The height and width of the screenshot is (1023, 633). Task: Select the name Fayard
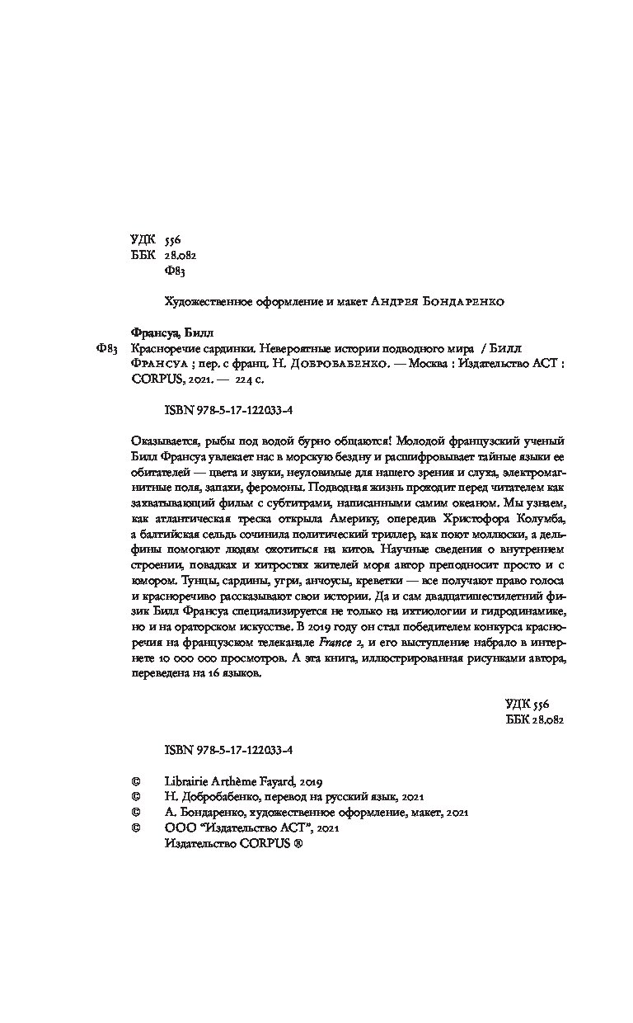(286, 781)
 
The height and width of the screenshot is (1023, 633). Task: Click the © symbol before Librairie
(137, 781)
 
